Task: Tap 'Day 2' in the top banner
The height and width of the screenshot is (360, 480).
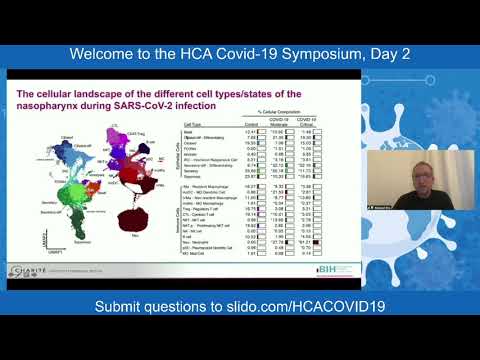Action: (386, 53)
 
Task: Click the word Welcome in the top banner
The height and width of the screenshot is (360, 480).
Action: (109, 53)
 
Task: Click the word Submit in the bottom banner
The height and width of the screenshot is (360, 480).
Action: (122, 305)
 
